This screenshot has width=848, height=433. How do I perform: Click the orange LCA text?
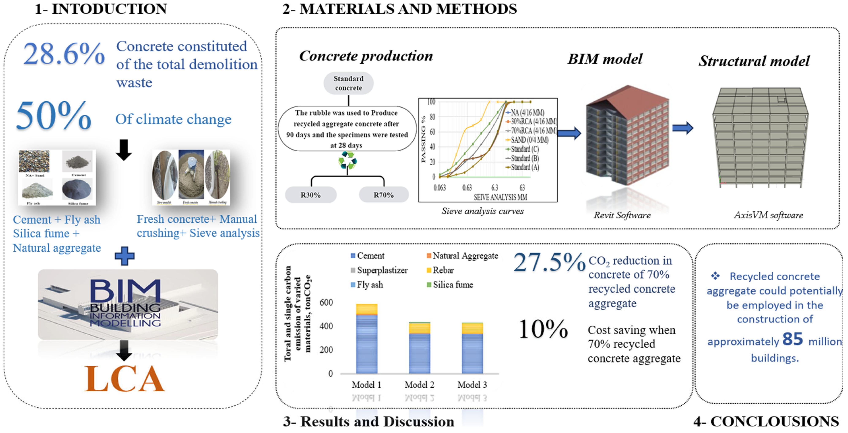coord(124,379)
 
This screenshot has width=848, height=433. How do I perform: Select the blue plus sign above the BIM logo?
coord(124,256)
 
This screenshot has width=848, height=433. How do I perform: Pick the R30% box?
coord(310,195)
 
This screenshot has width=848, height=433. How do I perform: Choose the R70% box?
coord(384,195)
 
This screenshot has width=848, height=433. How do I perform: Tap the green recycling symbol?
coord(347,161)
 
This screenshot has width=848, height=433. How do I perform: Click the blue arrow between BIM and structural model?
coord(682,128)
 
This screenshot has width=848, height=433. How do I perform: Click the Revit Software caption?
coord(622,215)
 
